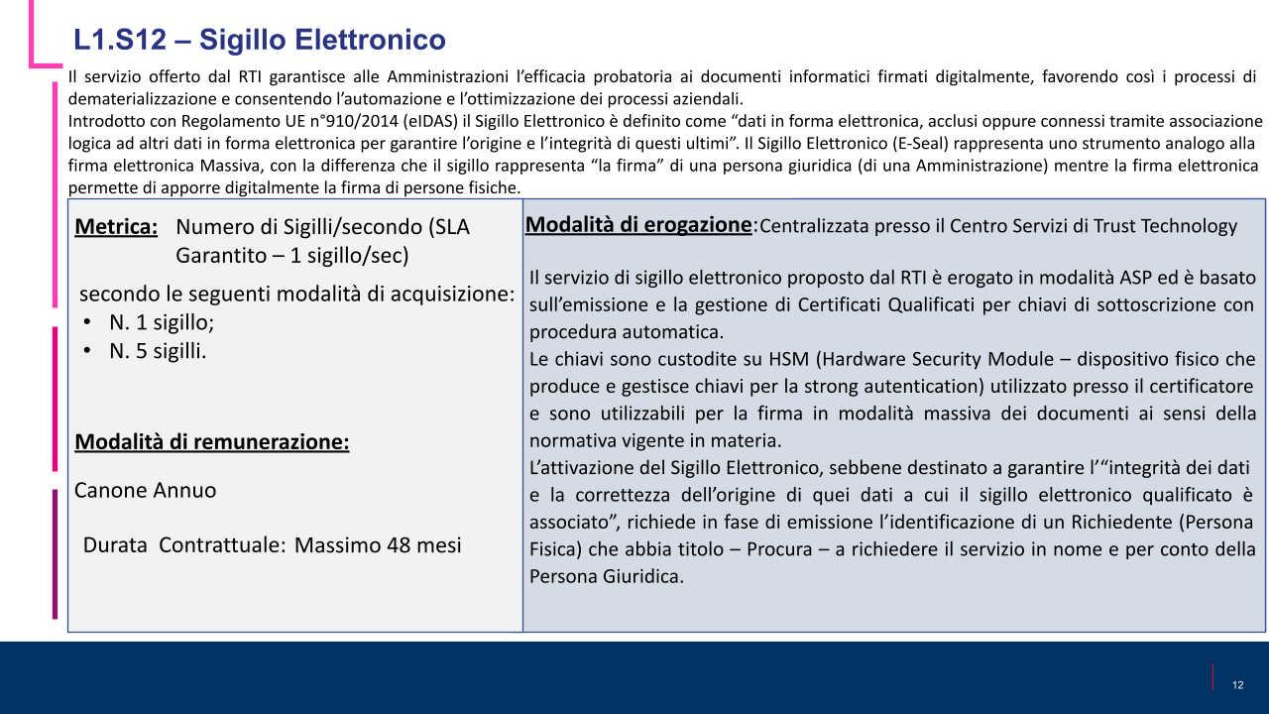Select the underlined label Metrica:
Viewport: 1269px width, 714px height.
pos(116,227)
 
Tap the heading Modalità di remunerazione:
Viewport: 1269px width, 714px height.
pos(211,442)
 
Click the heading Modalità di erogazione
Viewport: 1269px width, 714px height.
pos(638,225)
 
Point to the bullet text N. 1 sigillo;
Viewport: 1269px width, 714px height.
pos(162,322)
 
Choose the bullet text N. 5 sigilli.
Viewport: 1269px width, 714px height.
pos(159,350)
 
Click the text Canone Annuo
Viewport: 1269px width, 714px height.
pos(145,490)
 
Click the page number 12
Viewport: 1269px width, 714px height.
pos(1237,685)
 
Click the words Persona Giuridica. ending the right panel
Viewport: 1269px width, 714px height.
pos(607,576)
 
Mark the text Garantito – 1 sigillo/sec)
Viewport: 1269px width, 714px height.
pos(291,256)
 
